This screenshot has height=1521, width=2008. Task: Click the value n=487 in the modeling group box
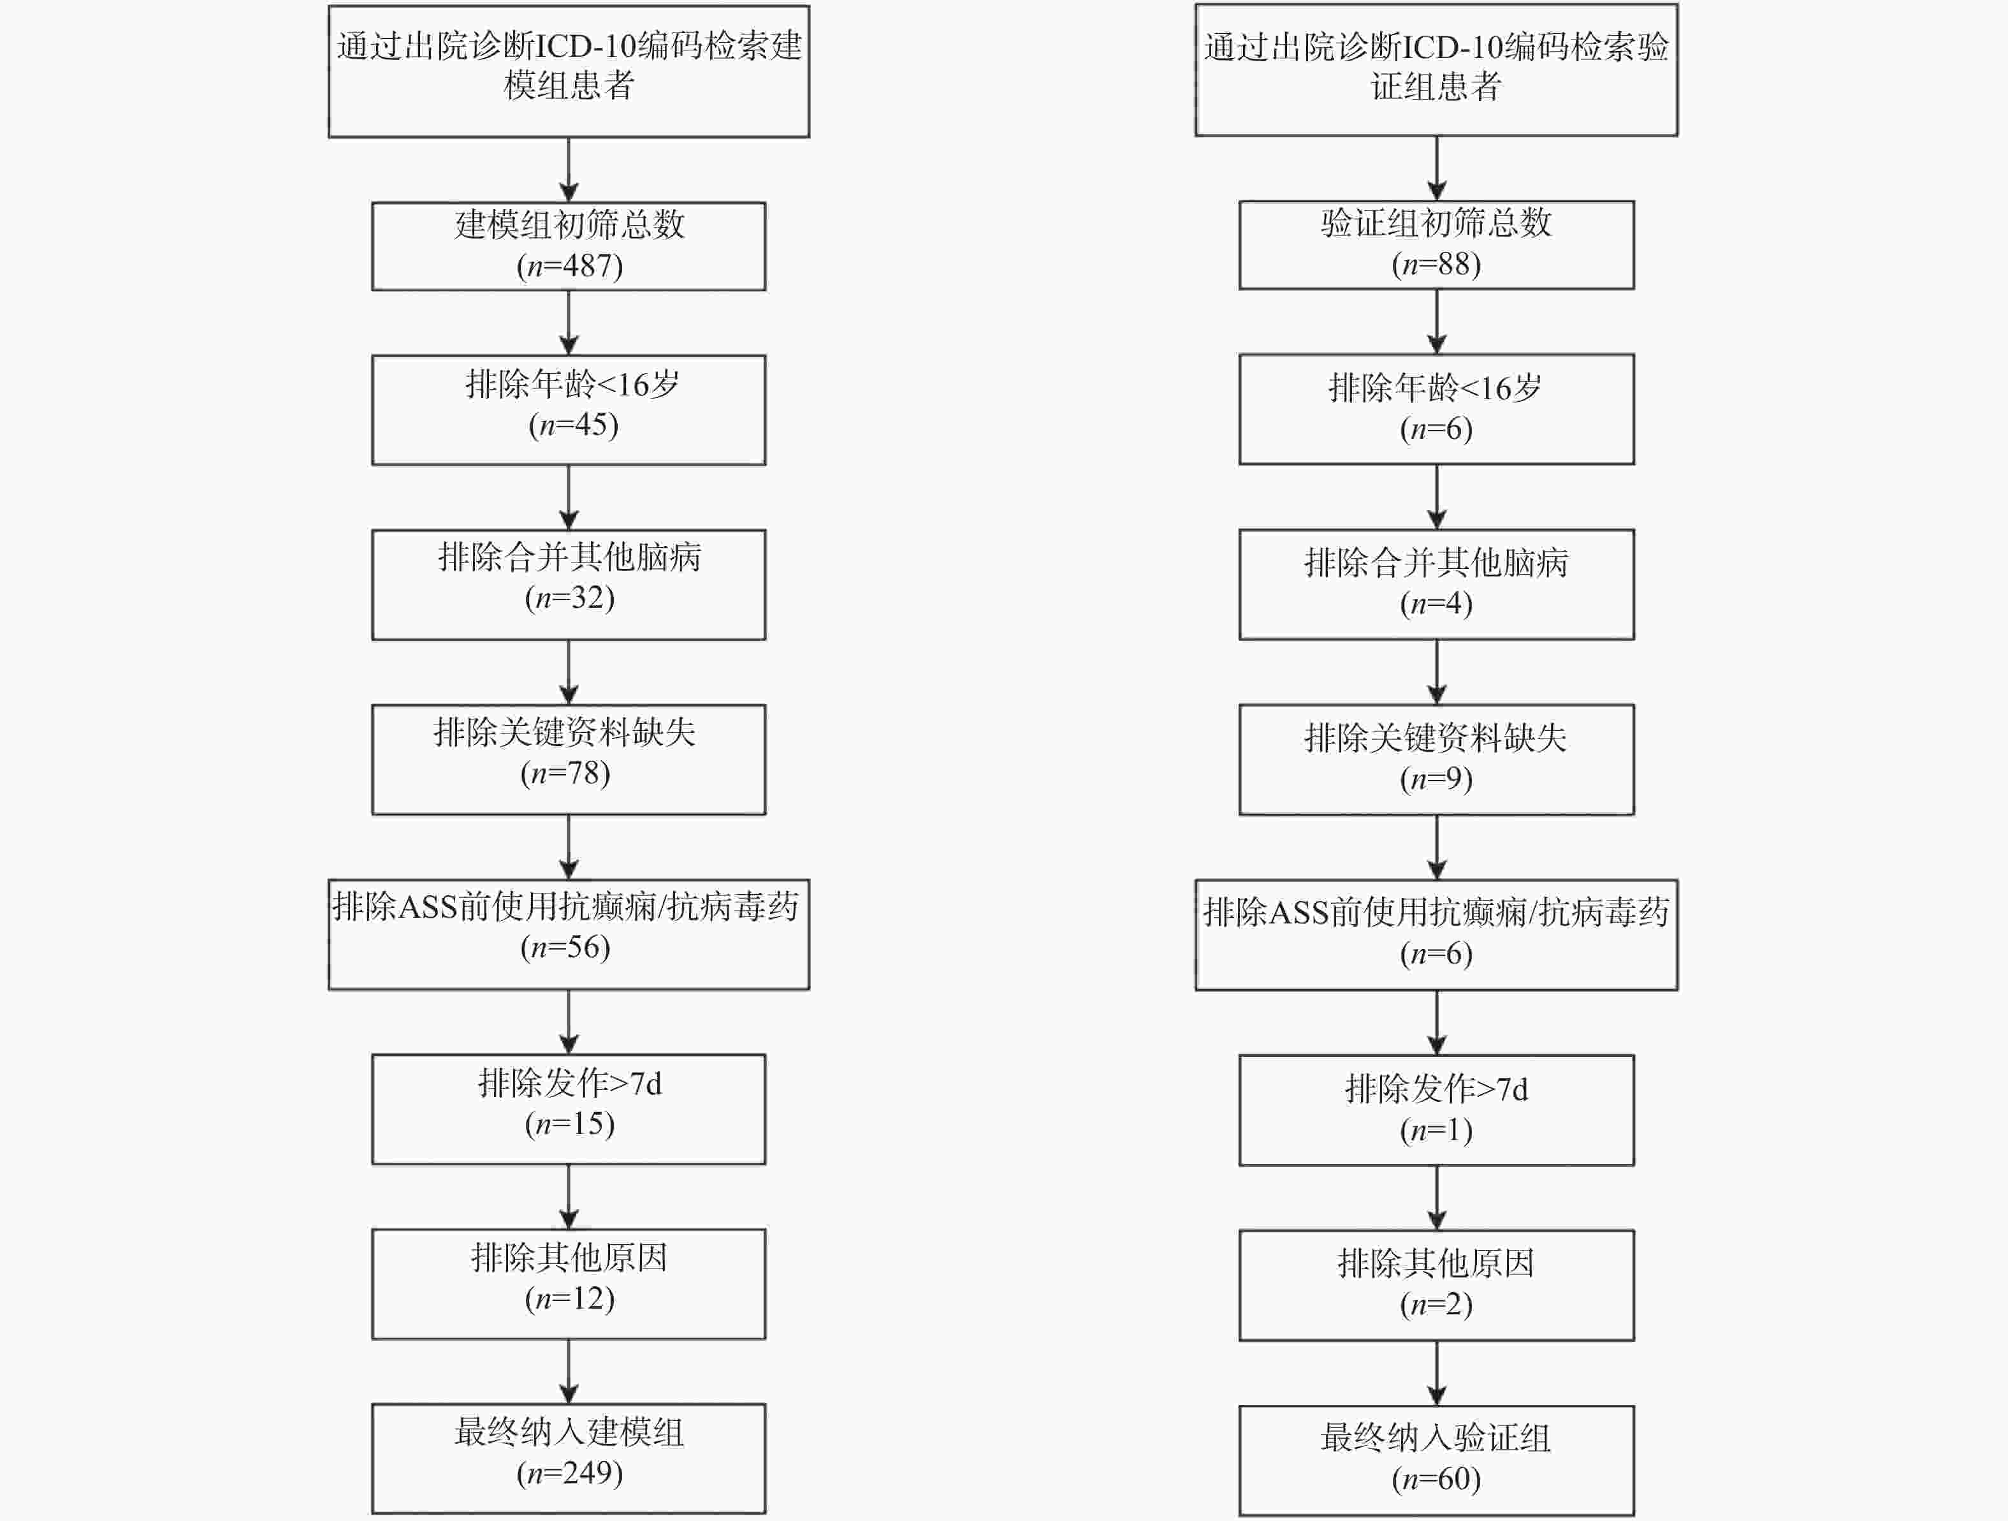point(569,266)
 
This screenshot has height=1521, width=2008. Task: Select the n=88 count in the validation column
point(1436,264)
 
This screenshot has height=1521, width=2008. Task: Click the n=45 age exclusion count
point(573,425)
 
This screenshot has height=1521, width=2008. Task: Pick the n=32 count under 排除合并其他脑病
point(569,598)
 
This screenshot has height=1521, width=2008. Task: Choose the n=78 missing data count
point(565,773)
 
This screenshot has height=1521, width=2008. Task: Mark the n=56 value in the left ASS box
point(565,947)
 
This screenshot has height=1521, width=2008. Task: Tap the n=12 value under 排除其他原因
point(569,1298)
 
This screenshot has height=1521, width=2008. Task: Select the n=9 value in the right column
point(1436,778)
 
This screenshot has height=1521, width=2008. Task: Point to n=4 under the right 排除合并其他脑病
point(1436,603)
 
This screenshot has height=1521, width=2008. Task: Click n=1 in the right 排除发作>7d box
point(1436,1129)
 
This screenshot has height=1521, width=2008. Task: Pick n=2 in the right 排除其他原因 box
point(1436,1304)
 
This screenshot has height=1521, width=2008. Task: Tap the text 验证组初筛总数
point(1436,223)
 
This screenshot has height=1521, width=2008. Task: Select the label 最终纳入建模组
point(569,1432)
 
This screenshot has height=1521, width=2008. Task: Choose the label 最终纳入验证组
point(1436,1437)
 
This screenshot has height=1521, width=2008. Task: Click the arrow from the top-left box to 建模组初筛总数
point(569,170)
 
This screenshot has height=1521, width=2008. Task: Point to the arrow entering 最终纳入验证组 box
point(1436,1373)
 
